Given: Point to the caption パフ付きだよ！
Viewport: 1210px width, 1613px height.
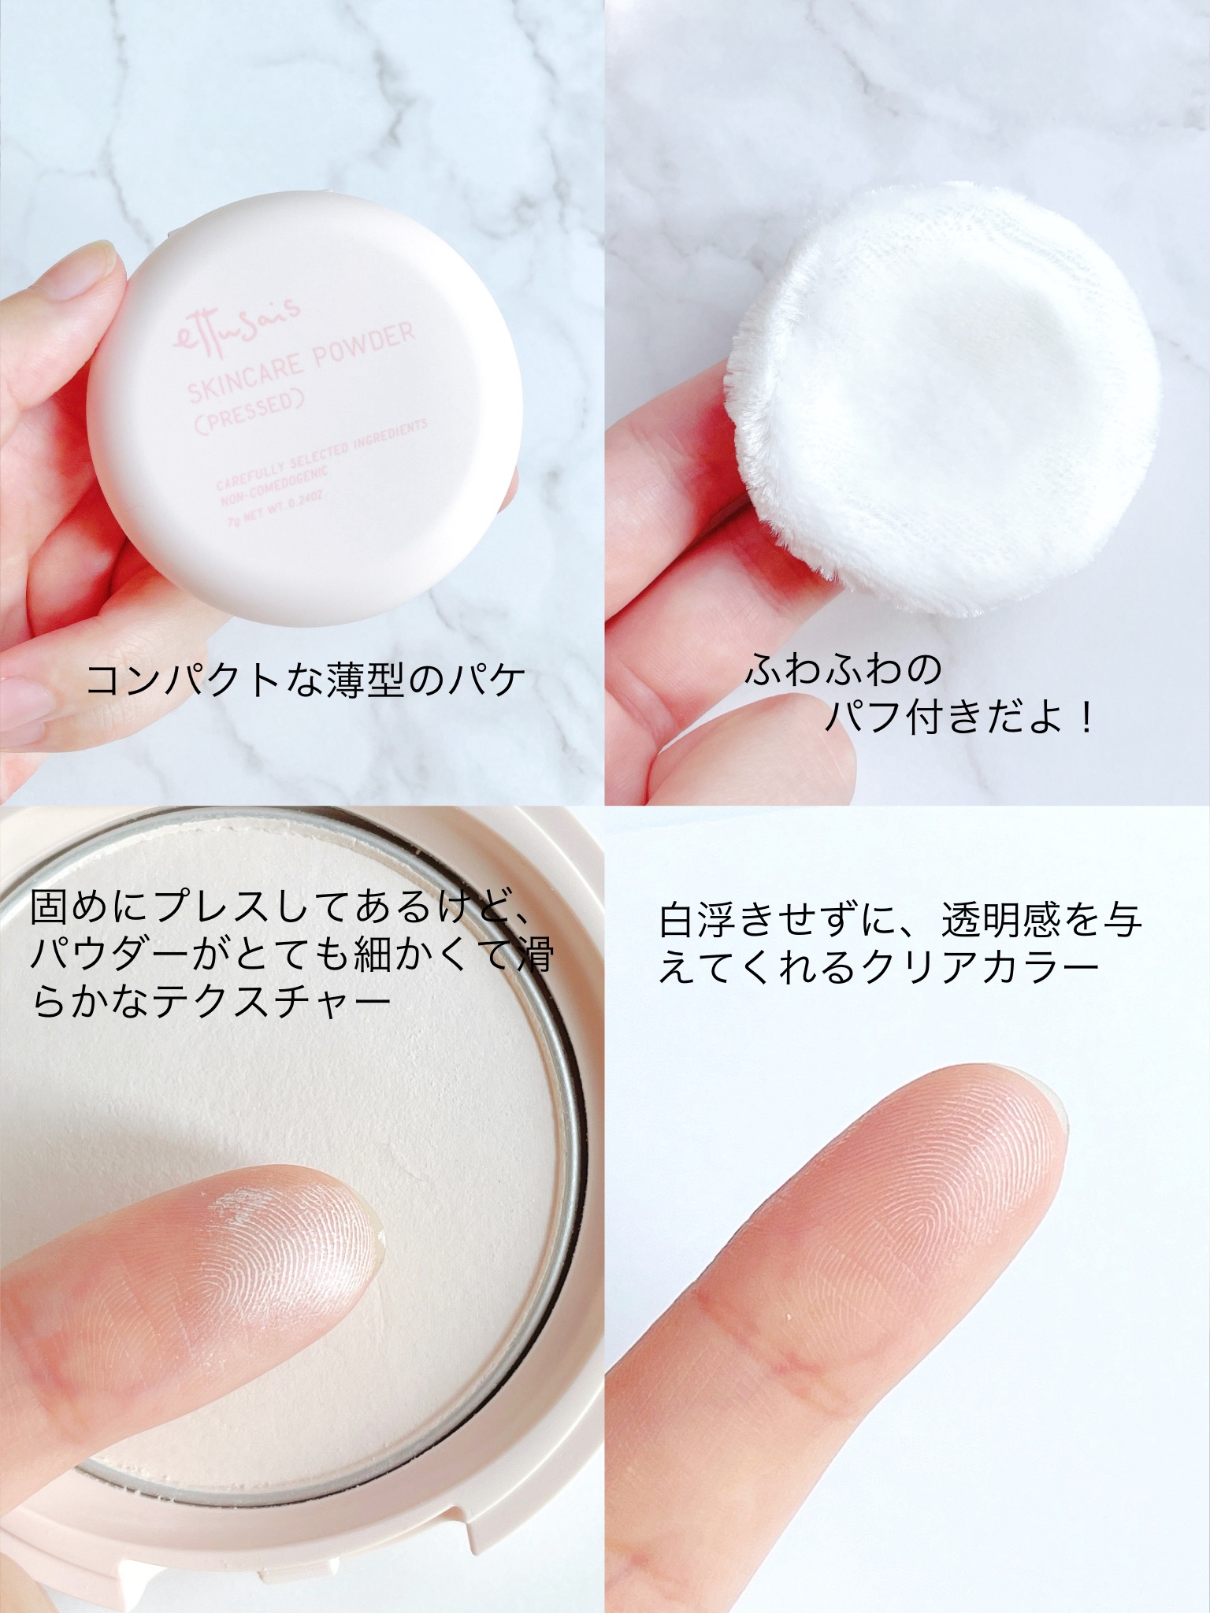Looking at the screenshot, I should pyautogui.click(x=959, y=718).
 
